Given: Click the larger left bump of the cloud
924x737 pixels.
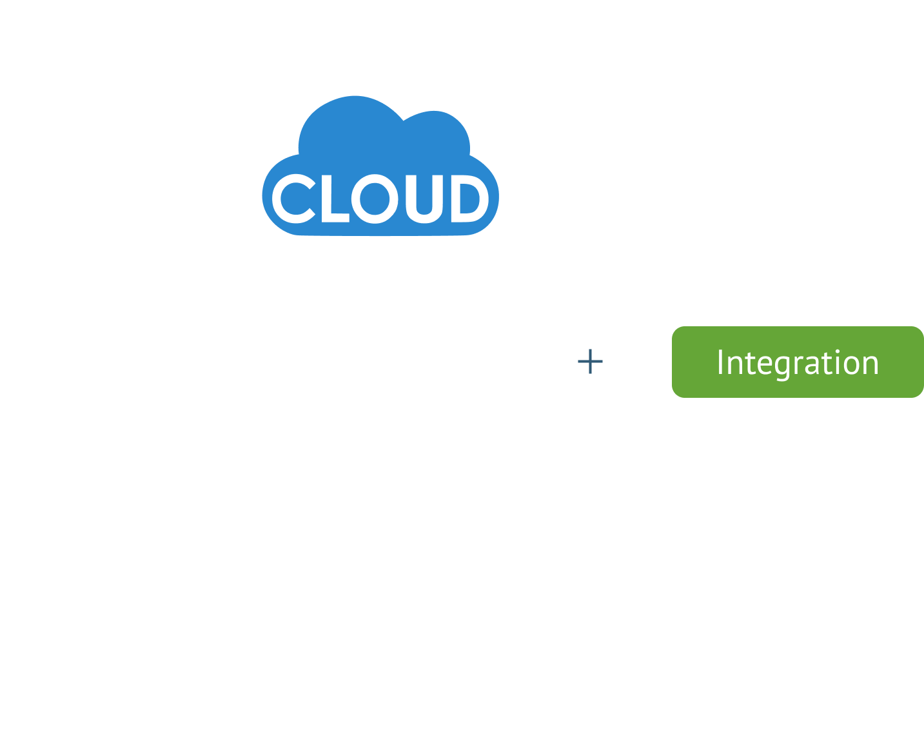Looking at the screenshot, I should pyautogui.click(x=351, y=129).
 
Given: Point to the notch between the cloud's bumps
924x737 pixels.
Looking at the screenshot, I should pyautogui.click(x=404, y=121).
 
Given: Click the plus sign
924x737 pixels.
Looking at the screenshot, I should pyautogui.click(x=590, y=362).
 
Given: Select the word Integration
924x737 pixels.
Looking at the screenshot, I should pyautogui.click(x=798, y=362).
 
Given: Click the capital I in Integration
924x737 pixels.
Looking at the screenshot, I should pyautogui.click(x=720, y=362).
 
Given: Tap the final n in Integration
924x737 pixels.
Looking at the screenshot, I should pyautogui.click(x=870, y=365).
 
